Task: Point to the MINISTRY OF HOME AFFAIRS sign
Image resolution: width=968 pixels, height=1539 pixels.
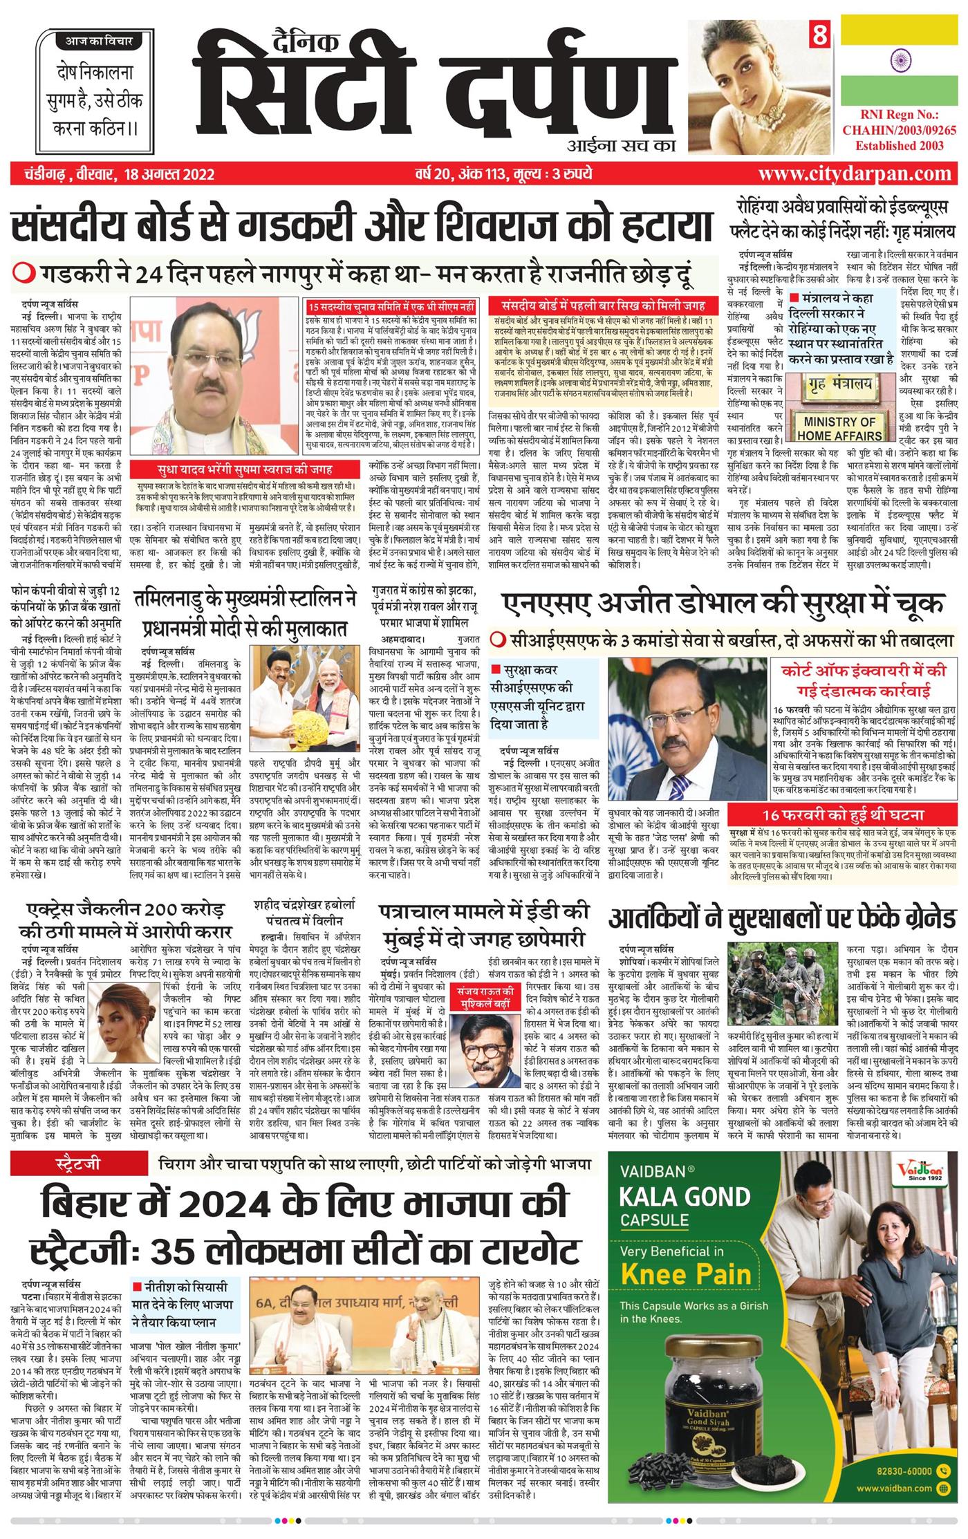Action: (839, 428)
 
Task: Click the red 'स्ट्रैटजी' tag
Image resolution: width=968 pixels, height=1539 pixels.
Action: (78, 1164)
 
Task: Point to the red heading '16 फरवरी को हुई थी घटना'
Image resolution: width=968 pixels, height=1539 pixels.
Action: (842, 815)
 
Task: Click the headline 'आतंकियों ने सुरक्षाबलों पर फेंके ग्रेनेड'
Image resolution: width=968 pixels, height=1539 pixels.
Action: (782, 919)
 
